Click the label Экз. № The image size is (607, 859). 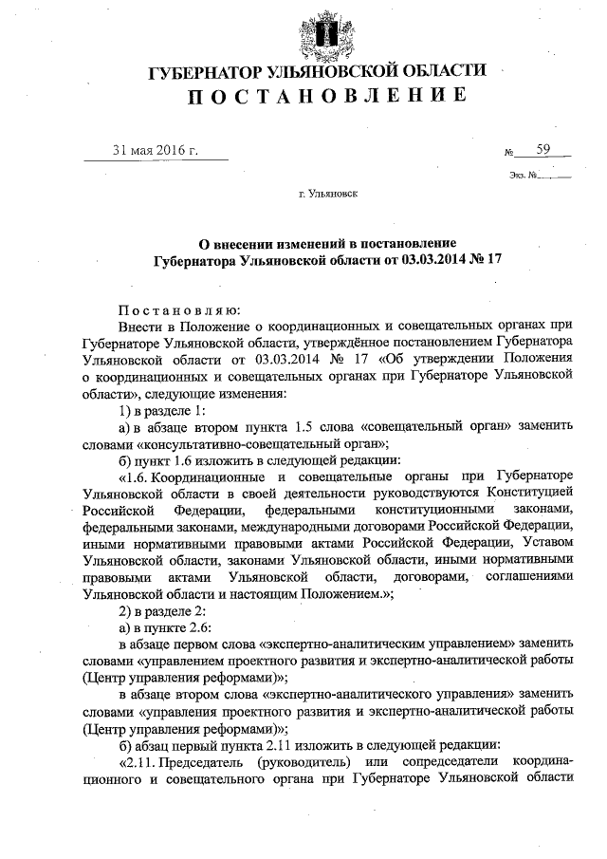click(x=523, y=175)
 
